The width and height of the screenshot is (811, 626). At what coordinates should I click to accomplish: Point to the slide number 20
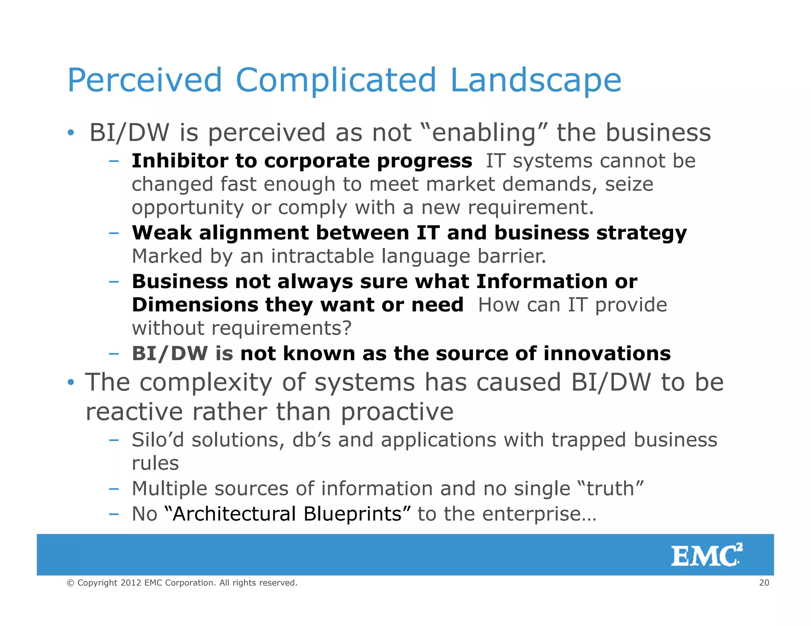tap(764, 582)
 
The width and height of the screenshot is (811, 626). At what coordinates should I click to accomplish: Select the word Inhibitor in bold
tap(180, 161)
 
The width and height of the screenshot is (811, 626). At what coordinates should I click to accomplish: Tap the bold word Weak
tap(162, 233)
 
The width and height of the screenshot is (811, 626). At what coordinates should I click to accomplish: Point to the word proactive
tap(397, 412)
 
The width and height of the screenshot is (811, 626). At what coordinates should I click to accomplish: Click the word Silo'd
tap(158, 440)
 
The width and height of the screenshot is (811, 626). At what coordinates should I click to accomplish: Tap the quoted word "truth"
tap(611, 489)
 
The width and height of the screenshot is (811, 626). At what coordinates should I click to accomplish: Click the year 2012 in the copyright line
tap(131, 583)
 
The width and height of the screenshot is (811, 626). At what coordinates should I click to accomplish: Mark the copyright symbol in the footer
tap(70, 583)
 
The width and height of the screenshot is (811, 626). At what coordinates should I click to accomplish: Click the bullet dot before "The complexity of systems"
tap(70, 383)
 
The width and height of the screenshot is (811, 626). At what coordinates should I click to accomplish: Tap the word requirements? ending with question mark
tap(281, 328)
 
